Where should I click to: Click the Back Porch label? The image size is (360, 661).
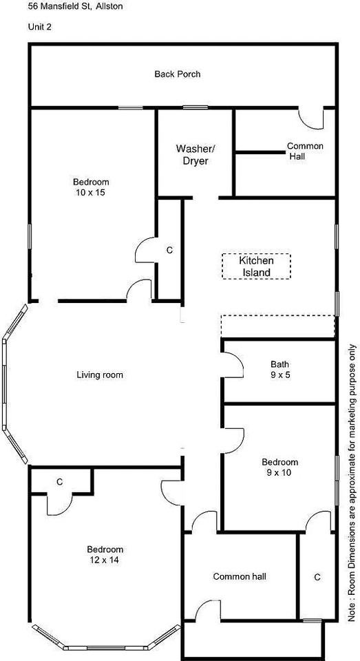(177, 74)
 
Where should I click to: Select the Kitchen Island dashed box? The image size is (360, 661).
(256, 266)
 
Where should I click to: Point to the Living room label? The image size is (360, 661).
(100, 375)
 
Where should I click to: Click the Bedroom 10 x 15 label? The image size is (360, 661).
(91, 187)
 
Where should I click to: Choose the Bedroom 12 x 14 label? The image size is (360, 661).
(105, 555)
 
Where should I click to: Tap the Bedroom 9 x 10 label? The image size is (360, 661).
(280, 467)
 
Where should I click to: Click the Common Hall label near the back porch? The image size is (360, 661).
(305, 151)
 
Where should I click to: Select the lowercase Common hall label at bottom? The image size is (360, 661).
(240, 576)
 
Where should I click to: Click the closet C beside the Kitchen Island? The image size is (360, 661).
(169, 251)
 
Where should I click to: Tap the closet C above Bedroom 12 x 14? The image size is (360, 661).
(60, 482)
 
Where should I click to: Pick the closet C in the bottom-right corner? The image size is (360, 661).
(317, 577)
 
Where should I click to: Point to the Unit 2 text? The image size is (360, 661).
(39, 27)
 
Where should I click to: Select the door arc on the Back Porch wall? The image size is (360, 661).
(312, 118)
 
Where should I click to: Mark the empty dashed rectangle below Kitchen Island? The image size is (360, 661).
(277, 326)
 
